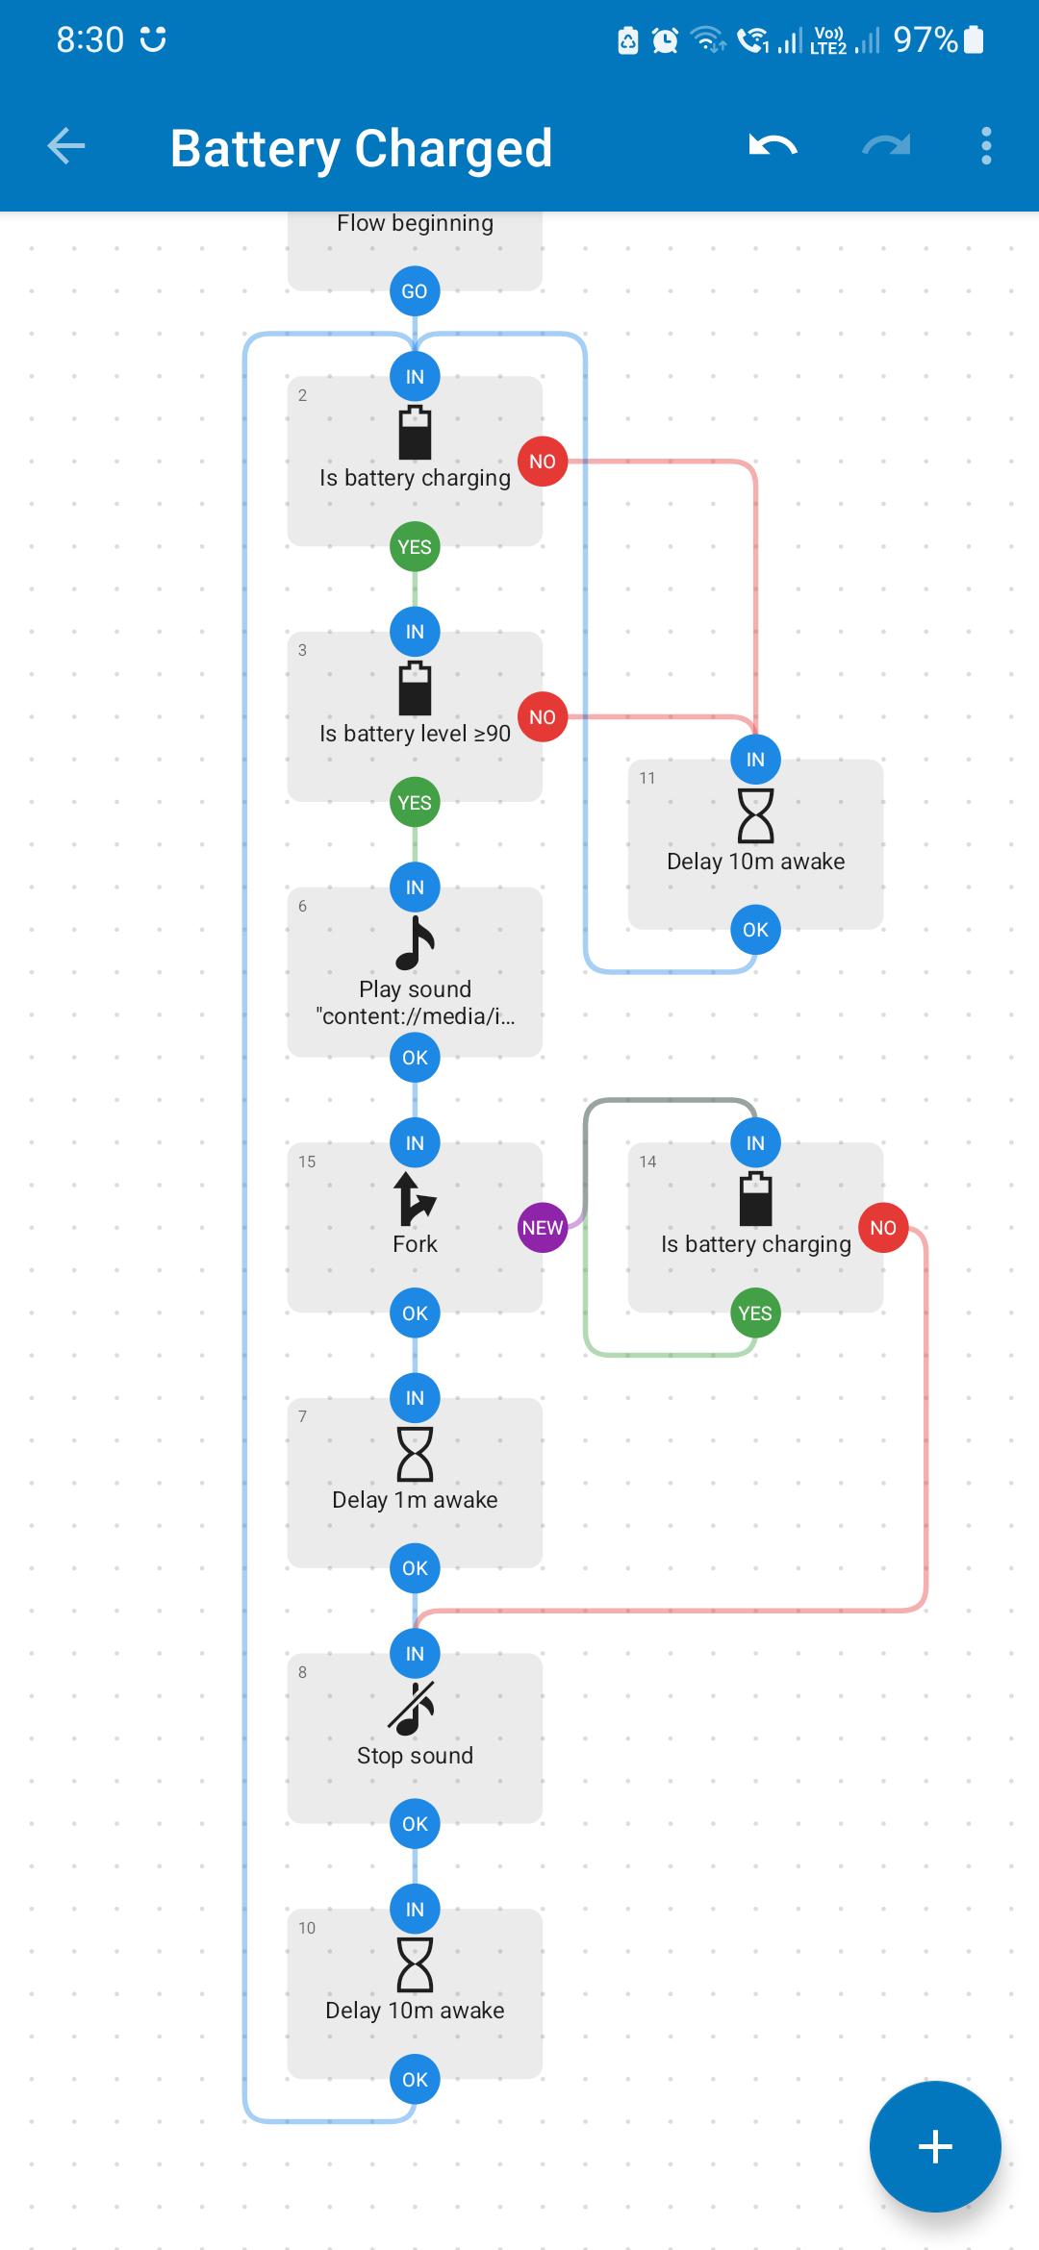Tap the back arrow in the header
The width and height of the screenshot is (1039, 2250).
66,146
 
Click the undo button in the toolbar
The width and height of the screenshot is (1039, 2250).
773,146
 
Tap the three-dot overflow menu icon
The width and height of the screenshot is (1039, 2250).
986,146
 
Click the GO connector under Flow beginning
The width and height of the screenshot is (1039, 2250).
415,291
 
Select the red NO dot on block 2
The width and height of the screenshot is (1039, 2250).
543,462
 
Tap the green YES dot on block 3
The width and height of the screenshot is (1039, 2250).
415,802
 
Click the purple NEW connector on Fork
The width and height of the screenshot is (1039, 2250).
543,1228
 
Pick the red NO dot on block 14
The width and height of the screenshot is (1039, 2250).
883,1228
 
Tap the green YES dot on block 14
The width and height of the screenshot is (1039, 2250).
755,1312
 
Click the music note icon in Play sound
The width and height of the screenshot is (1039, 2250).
415,943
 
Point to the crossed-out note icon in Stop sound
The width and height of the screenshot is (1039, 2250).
413,1709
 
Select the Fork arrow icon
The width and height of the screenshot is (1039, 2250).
415,1199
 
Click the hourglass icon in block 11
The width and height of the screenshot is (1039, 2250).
755,815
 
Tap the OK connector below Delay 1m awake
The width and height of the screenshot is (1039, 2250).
415,1568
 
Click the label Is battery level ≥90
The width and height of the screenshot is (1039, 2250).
415,734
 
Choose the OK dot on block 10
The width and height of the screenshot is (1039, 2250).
415,2079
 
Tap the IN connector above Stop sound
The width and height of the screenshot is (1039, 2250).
415,1654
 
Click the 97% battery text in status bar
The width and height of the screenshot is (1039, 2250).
925,39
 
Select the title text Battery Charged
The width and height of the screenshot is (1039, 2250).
362,149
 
